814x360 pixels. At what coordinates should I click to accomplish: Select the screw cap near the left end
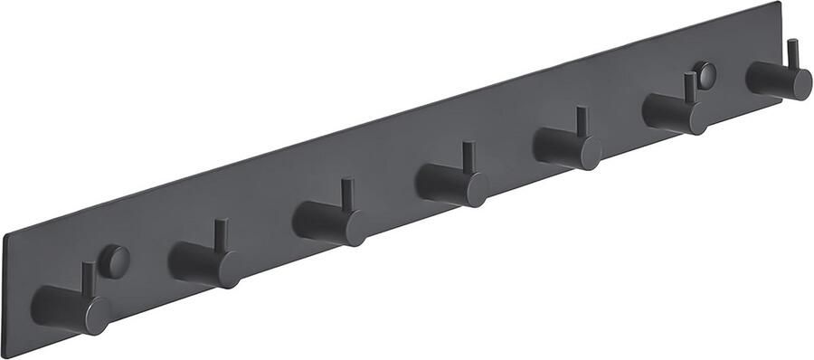point(114,261)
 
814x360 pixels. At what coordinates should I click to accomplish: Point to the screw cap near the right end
point(705,75)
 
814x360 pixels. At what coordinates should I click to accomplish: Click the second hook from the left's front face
point(226,270)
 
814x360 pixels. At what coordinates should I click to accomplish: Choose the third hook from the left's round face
point(351,228)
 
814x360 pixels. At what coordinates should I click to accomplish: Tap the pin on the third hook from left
point(345,194)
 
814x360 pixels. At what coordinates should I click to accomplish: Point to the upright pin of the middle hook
point(469,157)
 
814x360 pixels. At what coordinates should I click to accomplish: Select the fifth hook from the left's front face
point(589,153)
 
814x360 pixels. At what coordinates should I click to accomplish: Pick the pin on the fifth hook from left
point(582,122)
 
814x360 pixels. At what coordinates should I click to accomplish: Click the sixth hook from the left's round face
point(696,118)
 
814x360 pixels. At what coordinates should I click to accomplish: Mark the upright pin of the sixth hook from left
point(690,88)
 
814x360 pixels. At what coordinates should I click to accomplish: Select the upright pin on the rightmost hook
point(792,53)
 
